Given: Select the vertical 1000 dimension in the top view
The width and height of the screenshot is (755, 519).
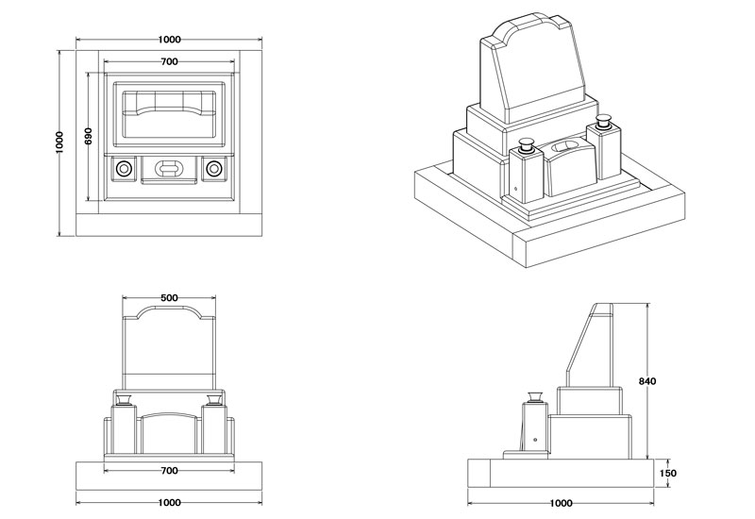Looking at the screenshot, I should click(x=59, y=142).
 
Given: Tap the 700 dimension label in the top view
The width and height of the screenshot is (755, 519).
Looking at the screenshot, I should click(x=170, y=61).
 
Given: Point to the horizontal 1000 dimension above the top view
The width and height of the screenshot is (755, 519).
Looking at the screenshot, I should click(x=170, y=40).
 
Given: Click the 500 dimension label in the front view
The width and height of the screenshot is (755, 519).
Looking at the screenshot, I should click(x=170, y=298).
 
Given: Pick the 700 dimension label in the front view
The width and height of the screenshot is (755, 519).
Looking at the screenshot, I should click(x=170, y=469).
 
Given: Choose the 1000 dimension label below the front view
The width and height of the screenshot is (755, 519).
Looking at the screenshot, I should click(x=170, y=503).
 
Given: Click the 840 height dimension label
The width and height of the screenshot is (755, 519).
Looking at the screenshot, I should click(x=647, y=381).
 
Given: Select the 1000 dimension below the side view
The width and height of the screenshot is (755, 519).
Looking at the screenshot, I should click(x=561, y=503).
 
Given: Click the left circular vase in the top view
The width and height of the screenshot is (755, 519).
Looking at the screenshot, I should click(x=124, y=169).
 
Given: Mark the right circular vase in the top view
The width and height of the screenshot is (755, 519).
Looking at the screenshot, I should click(x=214, y=169).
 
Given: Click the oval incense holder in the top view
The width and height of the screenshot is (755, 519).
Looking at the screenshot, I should click(x=169, y=169).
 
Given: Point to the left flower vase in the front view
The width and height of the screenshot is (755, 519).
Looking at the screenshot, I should click(x=121, y=398).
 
